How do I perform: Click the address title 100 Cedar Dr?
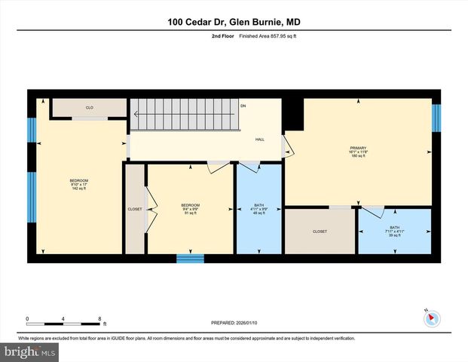coord(234,23)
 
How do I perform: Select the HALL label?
coord(260,140)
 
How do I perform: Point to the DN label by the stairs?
coord(243,106)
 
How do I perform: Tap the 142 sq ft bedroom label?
coord(79,184)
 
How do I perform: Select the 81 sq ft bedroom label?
coord(190,209)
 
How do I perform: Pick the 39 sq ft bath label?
coord(395,232)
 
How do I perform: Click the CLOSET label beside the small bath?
coord(320,232)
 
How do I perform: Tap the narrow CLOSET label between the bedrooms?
coord(135,209)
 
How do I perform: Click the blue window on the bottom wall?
coord(190,259)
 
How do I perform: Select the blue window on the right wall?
coord(436,118)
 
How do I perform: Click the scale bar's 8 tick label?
coord(99,318)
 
